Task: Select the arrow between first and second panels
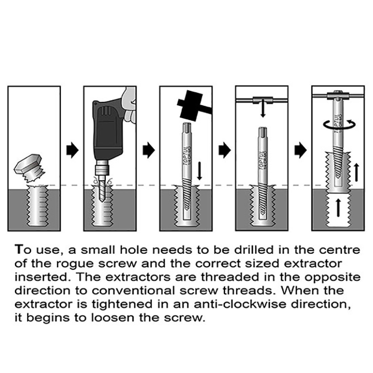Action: click(72, 150)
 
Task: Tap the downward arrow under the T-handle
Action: click(263, 110)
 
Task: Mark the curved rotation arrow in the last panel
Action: click(339, 123)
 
